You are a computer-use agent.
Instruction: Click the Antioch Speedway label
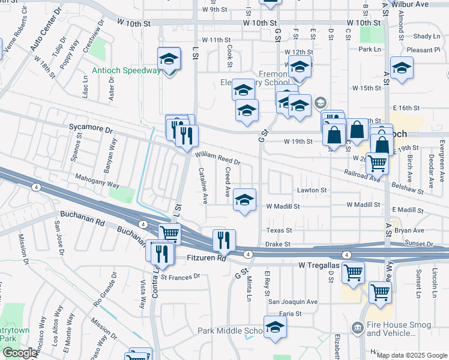tap(126, 70)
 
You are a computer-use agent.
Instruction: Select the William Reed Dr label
tap(217, 158)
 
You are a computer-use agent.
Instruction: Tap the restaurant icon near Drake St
tap(224, 240)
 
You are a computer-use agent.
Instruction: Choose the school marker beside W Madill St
tap(244, 200)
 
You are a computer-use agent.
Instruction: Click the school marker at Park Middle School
tap(275, 327)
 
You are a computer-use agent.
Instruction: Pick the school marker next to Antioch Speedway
tap(169, 59)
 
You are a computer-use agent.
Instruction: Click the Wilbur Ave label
tap(429, 4)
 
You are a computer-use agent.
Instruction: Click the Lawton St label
tap(313, 190)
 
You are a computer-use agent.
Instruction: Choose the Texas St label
tap(279, 230)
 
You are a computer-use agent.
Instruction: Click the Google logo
tap(20, 353)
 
